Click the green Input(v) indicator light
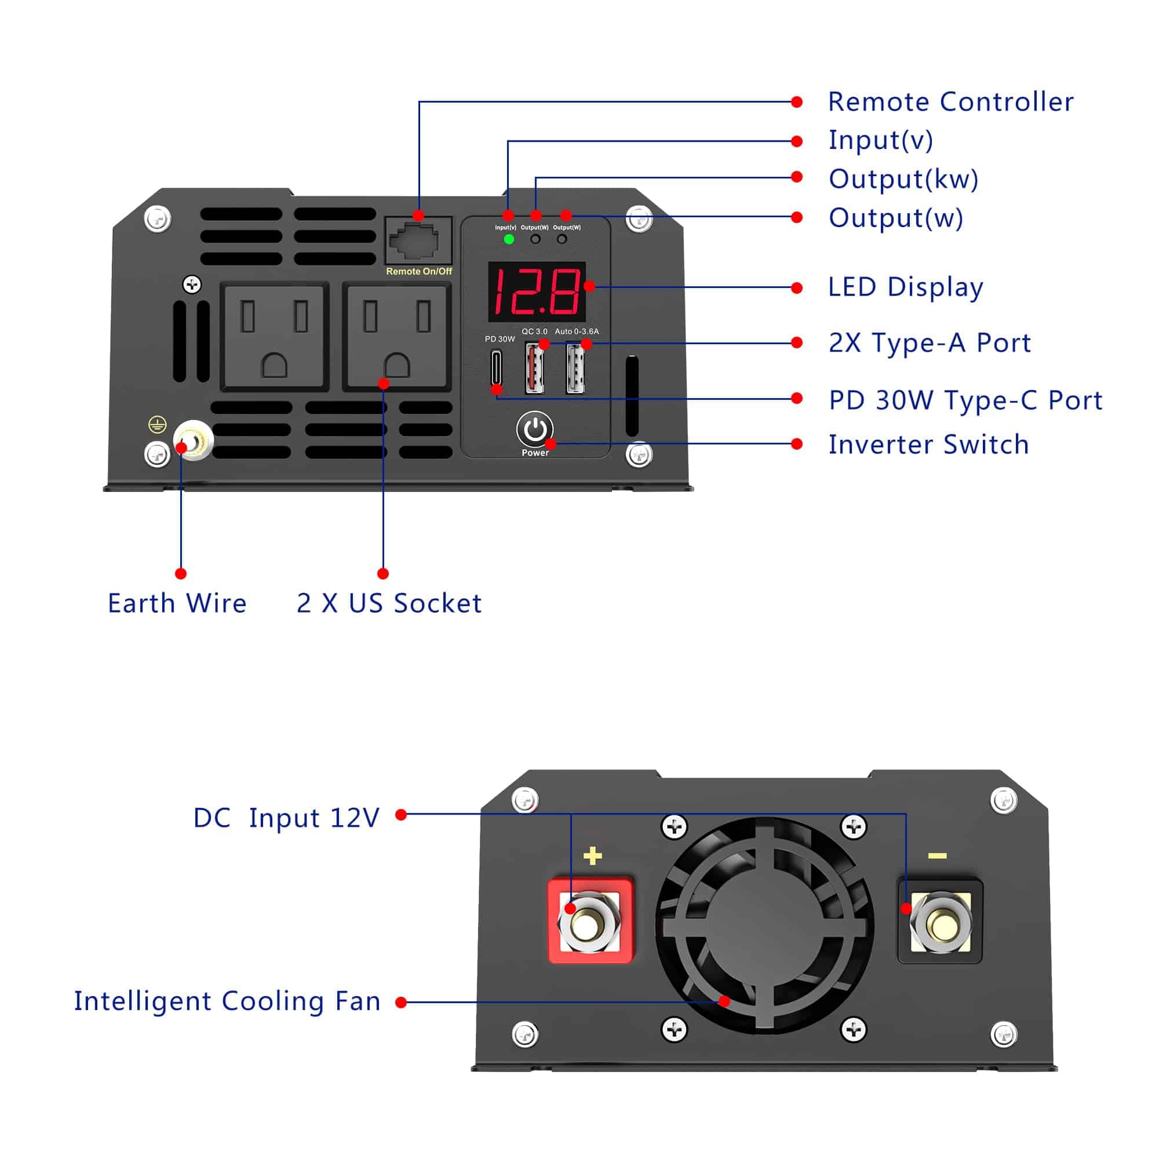point(509,239)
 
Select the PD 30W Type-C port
point(496,367)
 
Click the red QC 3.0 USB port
point(534,368)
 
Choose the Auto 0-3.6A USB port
point(575,368)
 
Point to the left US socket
point(275,336)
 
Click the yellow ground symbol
point(157,425)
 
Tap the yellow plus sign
point(593,856)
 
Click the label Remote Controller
point(950,102)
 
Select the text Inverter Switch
point(928,444)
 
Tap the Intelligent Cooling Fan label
point(227,1001)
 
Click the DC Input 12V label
point(286,818)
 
